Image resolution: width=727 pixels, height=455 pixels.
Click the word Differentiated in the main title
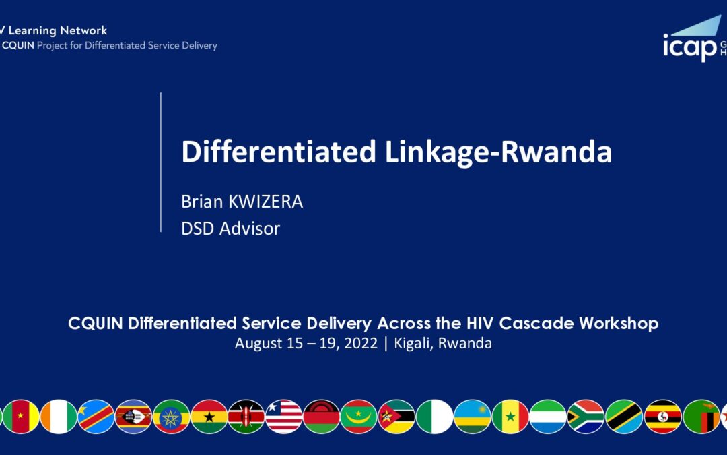click(x=278, y=152)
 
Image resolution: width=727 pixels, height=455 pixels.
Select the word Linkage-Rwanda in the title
click(x=498, y=152)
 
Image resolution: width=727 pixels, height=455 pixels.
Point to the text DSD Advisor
click(x=230, y=229)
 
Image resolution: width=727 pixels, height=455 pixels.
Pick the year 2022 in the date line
click(x=361, y=344)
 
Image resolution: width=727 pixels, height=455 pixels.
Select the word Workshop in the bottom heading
click(x=619, y=323)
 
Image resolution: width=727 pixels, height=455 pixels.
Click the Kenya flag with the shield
click(x=246, y=417)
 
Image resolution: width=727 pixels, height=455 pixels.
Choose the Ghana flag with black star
click(x=209, y=417)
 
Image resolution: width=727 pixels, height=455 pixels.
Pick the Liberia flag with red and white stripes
click(x=284, y=417)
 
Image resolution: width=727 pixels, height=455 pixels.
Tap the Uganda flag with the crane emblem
click(x=663, y=417)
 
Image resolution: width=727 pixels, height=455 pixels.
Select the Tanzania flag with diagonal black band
click(x=623, y=417)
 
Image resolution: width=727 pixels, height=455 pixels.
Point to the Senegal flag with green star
click(x=510, y=417)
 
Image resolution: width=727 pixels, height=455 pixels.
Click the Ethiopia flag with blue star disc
click(x=171, y=417)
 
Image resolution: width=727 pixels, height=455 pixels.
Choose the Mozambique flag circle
click(x=396, y=417)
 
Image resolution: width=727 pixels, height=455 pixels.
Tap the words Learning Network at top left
click(x=57, y=30)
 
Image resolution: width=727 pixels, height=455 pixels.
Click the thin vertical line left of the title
click(x=161, y=162)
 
